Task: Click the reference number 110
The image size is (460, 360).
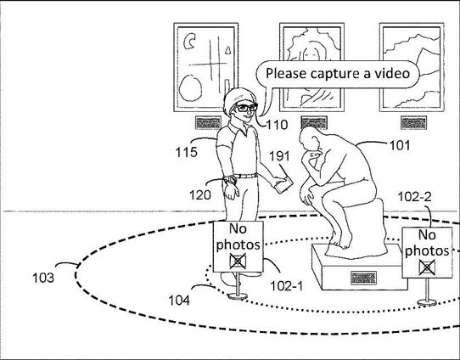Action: click(x=277, y=125)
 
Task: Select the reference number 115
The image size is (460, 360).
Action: click(x=186, y=152)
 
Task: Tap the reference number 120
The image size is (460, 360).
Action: click(x=200, y=194)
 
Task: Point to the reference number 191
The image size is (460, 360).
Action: click(x=279, y=156)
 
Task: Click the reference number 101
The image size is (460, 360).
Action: click(x=400, y=145)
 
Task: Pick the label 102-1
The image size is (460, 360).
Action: click(x=286, y=286)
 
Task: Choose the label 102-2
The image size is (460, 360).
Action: click(x=414, y=197)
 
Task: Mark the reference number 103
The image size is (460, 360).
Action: click(x=43, y=278)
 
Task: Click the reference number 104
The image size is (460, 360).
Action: click(x=179, y=300)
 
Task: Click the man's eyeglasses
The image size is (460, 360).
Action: click(x=246, y=108)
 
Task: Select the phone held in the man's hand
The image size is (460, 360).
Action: click(x=283, y=185)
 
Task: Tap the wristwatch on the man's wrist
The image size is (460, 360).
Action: click(x=231, y=180)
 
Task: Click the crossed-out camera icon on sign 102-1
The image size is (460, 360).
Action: click(x=238, y=262)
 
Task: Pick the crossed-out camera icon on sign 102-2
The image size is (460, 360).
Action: click(x=427, y=267)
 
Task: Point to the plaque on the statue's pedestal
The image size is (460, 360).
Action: click(x=363, y=278)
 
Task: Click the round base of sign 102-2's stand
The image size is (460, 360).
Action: click(x=427, y=302)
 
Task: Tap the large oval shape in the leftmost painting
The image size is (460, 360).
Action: click(x=190, y=87)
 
